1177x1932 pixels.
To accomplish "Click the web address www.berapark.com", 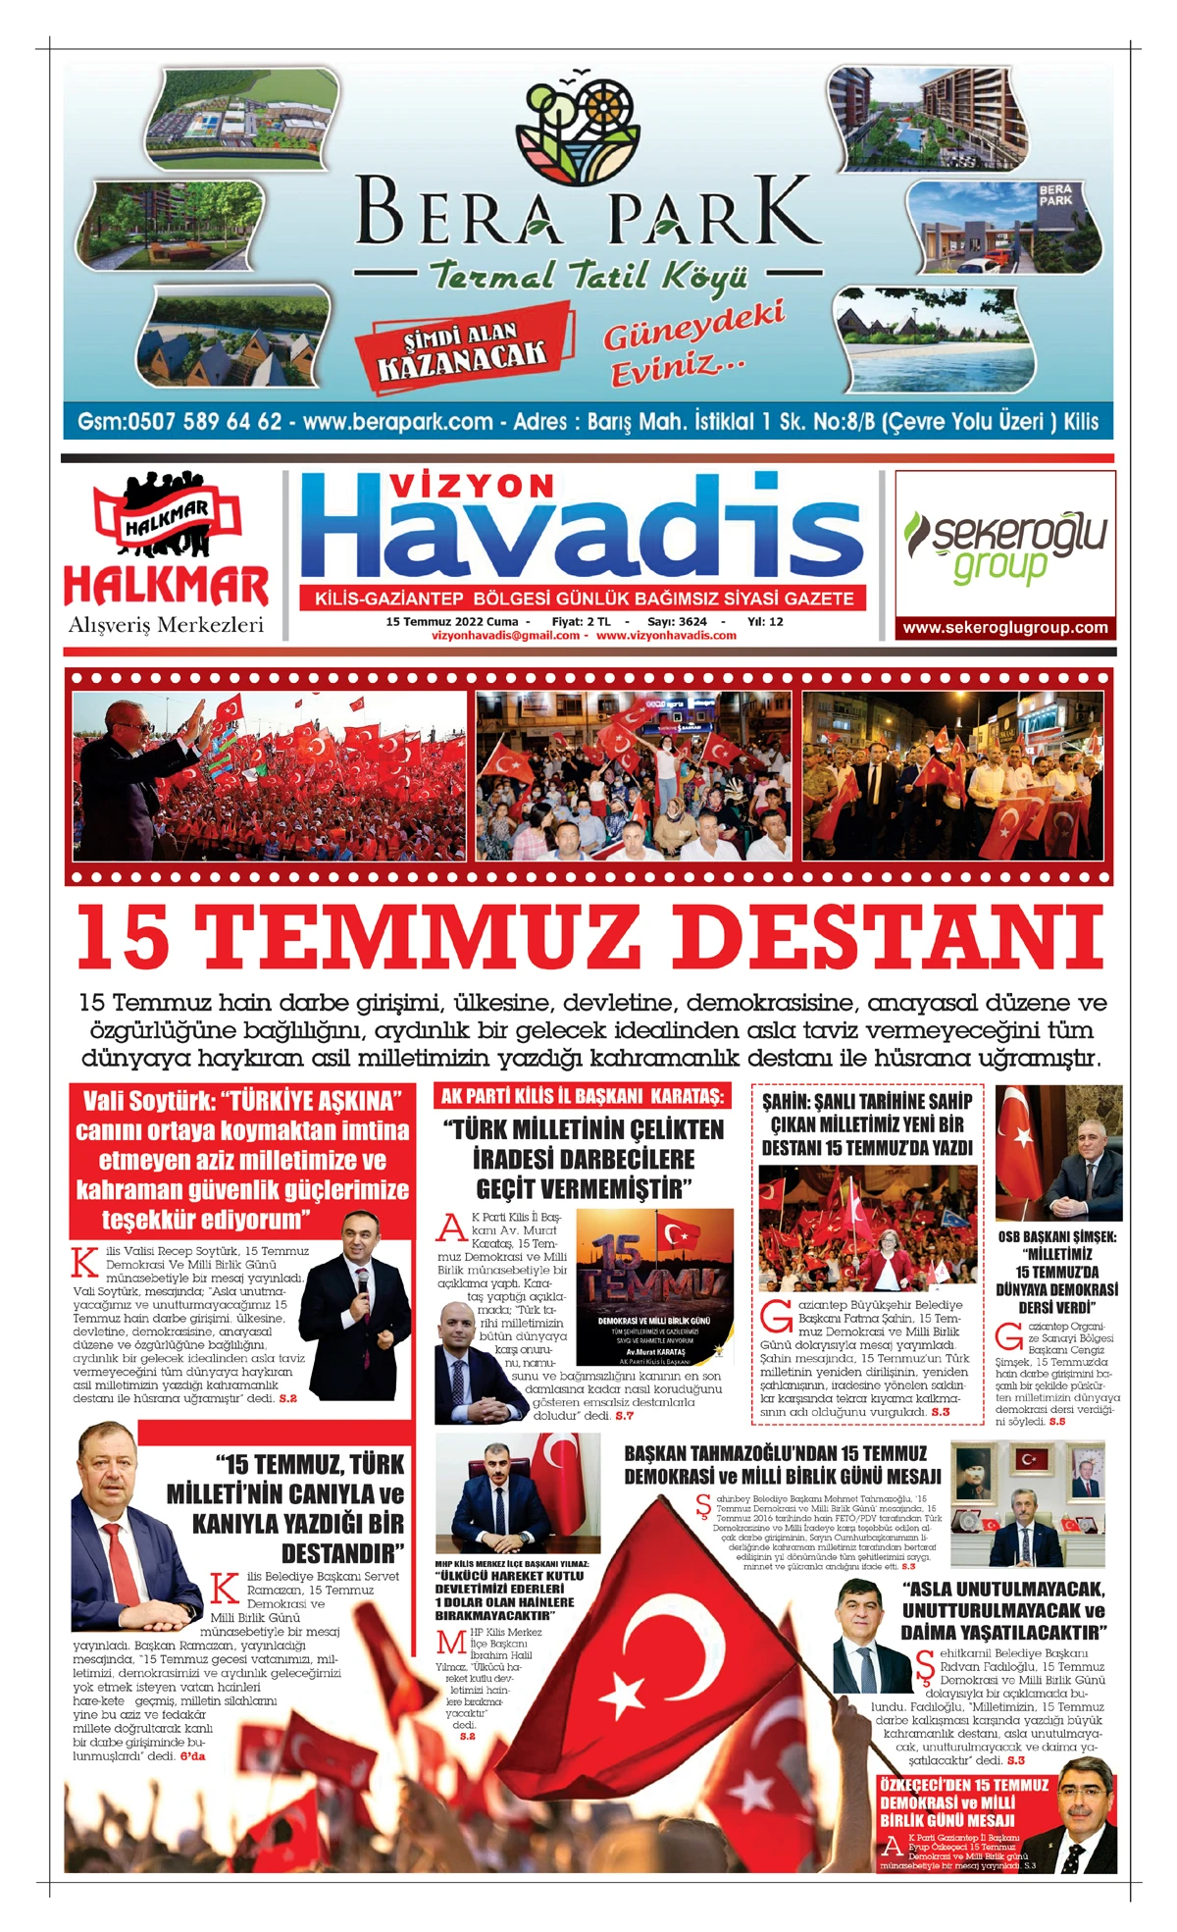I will coord(397,422).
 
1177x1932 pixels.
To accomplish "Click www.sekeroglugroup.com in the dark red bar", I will coord(1004,628).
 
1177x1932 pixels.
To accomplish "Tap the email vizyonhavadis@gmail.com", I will coord(505,635).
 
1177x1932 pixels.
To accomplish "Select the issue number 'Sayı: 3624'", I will coord(677,621).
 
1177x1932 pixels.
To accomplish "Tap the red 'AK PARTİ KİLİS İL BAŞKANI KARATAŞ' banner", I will coord(583,1096).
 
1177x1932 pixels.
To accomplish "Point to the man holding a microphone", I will coord(356,1305).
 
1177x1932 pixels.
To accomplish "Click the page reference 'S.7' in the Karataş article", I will coord(624,1416).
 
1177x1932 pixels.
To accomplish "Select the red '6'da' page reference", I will coord(192,1755).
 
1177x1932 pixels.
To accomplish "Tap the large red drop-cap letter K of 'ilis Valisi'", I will coord(86,1262).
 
